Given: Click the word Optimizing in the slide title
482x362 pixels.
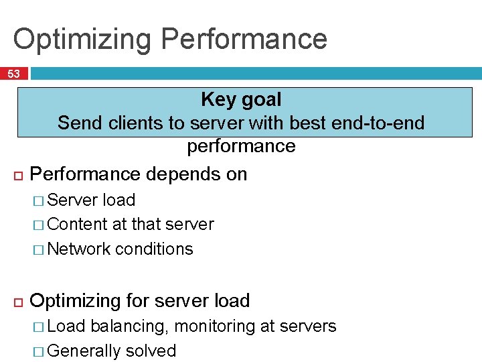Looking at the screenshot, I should pyautogui.click(x=81, y=39).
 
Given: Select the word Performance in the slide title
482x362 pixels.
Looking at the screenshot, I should pyautogui.click(x=244, y=39).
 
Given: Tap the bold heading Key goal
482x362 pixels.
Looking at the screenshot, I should pyautogui.click(x=241, y=100).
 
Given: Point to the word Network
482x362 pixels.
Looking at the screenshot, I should pyautogui.click(x=79, y=249).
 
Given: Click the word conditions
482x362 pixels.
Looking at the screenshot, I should pyautogui.click(x=154, y=249).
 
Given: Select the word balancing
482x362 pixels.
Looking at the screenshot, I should pyautogui.click(x=129, y=326).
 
